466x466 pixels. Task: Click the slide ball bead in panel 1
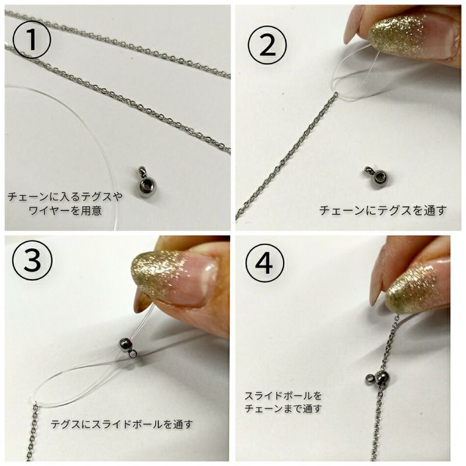145,185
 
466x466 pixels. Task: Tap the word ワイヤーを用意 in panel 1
64,210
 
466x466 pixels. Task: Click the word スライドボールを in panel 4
283,396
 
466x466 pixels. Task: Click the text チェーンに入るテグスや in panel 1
64,197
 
